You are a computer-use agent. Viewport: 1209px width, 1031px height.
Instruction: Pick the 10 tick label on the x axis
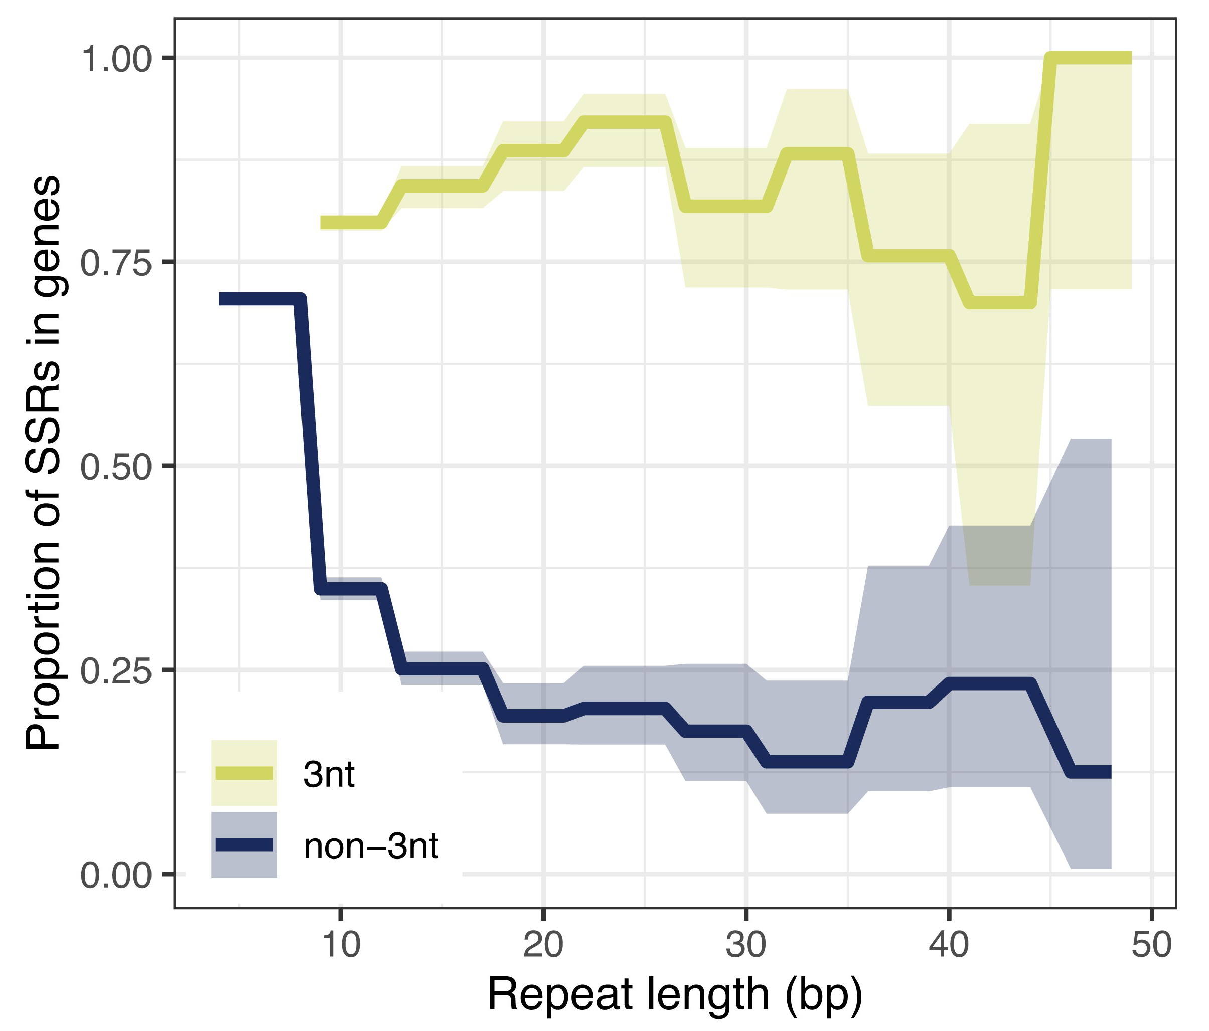[x=341, y=945]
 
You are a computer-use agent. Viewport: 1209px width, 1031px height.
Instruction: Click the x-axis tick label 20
[x=543, y=945]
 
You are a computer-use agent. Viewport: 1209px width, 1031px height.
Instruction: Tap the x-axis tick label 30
[x=745, y=945]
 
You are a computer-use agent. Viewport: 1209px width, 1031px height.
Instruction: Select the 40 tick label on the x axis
[x=949, y=945]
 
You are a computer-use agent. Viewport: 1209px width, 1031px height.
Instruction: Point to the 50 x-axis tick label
[x=1151, y=945]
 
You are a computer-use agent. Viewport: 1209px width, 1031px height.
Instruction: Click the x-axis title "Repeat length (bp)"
[x=675, y=994]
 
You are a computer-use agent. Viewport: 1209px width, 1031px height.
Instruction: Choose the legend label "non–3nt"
[x=371, y=847]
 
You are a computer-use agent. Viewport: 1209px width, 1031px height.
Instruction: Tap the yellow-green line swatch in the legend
[x=244, y=773]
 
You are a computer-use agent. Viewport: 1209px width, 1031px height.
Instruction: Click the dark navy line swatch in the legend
[x=244, y=845]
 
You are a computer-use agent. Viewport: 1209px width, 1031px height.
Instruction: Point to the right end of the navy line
[x=1110, y=773]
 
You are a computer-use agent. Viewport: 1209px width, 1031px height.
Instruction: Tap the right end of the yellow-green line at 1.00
[x=1130, y=58]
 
